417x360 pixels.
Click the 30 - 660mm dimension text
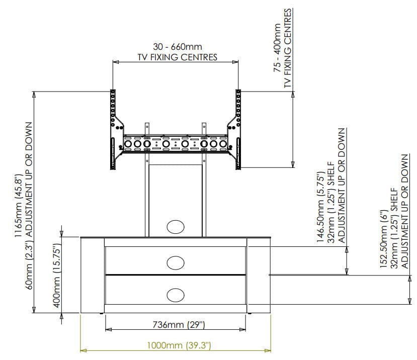[x=178, y=47]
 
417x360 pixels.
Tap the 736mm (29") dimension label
[x=179, y=325]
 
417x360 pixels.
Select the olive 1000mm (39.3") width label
[x=179, y=345]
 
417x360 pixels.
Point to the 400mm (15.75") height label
[x=57, y=276]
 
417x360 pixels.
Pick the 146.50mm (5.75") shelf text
[x=320, y=207]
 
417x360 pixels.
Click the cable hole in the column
[x=176, y=227]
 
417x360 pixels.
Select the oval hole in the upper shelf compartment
[x=176, y=262]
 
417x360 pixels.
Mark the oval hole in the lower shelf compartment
[x=176, y=295]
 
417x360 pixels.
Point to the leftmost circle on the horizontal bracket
[x=128, y=144]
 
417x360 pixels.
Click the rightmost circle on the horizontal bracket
[x=223, y=144]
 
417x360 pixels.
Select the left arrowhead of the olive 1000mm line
[x=83, y=350]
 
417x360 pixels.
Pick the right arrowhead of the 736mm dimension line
[x=242, y=330]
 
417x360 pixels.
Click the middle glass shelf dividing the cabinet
[x=176, y=275]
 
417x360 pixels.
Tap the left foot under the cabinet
[x=101, y=314]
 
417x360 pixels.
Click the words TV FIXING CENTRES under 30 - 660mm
[x=178, y=57]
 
